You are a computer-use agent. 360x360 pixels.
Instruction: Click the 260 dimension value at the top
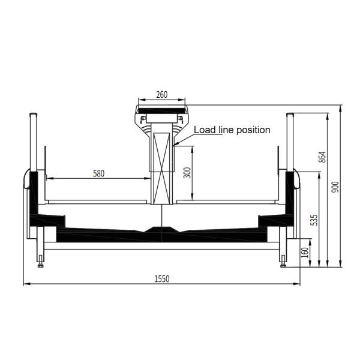[161, 94]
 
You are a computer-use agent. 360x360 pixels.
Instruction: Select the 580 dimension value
[99, 173]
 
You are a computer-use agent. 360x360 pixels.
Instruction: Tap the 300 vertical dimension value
[187, 173]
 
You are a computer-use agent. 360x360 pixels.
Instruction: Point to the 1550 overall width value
[162, 278]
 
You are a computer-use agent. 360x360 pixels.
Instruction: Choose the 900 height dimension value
[336, 187]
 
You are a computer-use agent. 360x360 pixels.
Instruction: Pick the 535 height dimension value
[313, 220]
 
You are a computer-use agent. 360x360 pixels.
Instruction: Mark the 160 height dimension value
[305, 252]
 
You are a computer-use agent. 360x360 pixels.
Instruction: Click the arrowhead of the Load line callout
[174, 145]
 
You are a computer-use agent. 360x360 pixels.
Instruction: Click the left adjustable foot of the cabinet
[40, 262]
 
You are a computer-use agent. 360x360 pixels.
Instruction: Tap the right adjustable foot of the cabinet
[283, 262]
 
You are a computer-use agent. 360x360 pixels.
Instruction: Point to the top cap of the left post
[34, 114]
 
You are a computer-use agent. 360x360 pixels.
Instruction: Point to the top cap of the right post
[289, 114]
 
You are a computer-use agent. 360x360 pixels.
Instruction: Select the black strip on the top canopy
[161, 110]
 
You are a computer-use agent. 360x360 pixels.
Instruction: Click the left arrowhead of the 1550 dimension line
[26, 284]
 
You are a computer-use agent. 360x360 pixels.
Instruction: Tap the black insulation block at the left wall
[34, 192]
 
